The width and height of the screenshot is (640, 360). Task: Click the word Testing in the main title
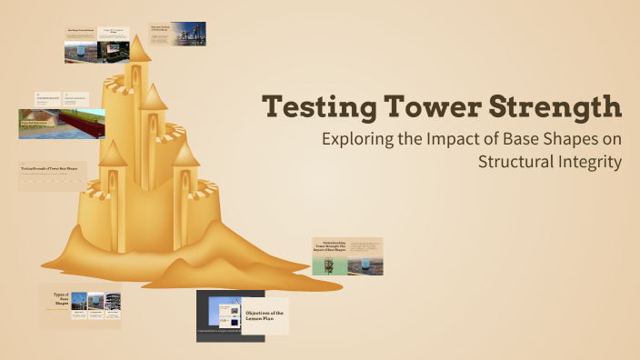pyautogui.click(x=314, y=107)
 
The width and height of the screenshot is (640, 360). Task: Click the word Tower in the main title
pyautogui.click(x=427, y=107)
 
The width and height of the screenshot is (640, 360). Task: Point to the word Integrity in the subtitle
pyautogui.click(x=591, y=163)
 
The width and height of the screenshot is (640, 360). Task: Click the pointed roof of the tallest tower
pyautogui.click(x=138, y=50)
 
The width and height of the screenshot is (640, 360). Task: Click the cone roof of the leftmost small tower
pyautogui.click(x=113, y=152)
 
